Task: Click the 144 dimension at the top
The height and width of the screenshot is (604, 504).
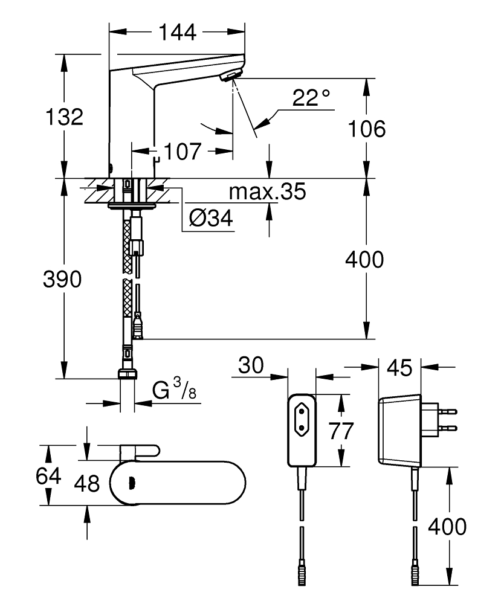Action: [177, 32]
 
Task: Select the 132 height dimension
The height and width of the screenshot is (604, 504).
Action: [64, 117]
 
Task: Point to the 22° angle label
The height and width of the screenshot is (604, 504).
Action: [311, 98]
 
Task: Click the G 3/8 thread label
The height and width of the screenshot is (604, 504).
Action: [174, 391]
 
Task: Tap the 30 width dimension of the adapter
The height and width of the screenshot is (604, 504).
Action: [253, 365]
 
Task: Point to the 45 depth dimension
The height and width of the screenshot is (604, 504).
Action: [399, 367]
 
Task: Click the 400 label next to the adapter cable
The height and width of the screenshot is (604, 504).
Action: [447, 526]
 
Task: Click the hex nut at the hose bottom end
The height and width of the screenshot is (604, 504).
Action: [128, 374]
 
